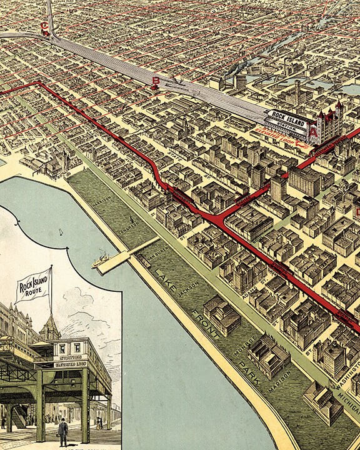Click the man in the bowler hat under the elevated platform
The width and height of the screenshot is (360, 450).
point(63,431)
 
